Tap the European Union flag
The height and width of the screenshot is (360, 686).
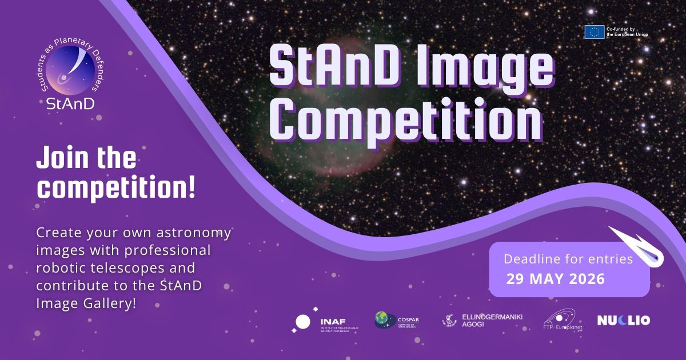click(594, 32)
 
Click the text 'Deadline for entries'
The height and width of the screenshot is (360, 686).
click(568, 259)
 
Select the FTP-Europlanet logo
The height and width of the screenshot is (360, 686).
click(561, 321)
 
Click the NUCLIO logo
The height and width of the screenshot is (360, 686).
click(623, 321)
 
